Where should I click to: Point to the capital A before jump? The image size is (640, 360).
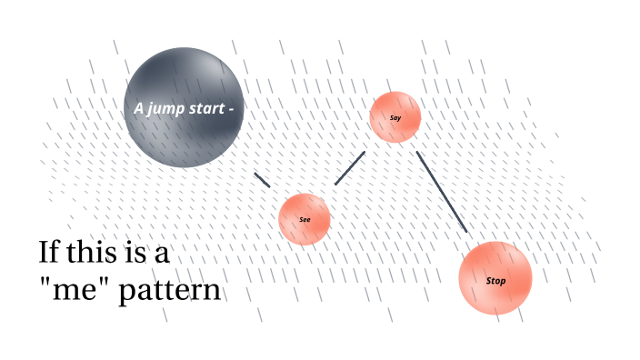point(139,108)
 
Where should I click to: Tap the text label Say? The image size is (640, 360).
point(395,118)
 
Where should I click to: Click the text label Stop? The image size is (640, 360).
point(495,281)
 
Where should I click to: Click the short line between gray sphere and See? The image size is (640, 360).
point(262,180)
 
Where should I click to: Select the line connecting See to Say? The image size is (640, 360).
point(350,168)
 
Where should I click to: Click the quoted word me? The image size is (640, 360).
point(77,291)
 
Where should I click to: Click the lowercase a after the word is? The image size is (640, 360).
point(162,254)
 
